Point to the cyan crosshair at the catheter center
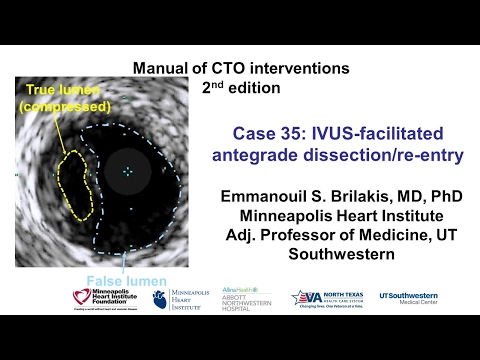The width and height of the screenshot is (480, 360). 128,172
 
